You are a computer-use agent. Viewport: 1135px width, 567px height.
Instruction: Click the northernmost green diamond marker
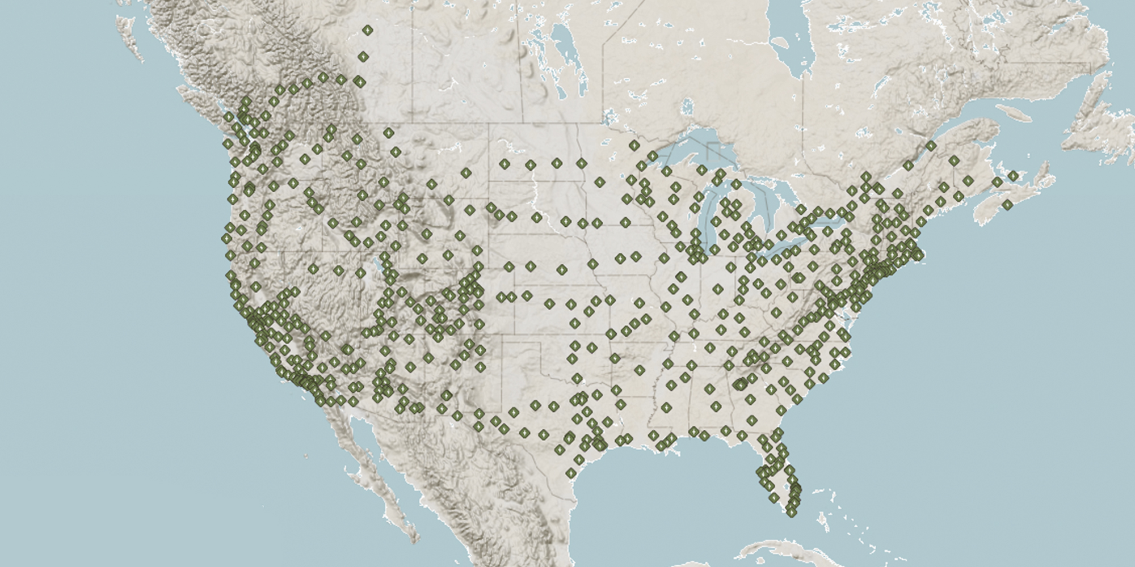pos(368,30)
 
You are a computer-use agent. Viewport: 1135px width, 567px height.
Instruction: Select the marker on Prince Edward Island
pos(997,182)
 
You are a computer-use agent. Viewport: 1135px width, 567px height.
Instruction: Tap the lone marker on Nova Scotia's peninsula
pos(1007,205)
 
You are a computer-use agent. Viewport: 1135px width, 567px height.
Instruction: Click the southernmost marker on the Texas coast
pos(571,473)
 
